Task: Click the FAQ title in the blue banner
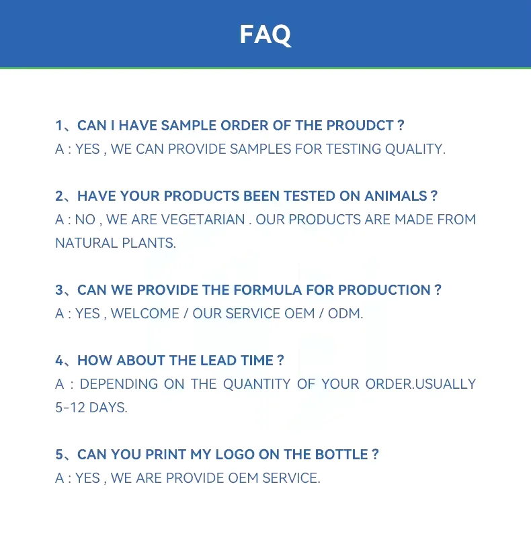coord(265,34)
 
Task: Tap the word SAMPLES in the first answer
coord(260,149)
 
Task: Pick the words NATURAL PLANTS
coord(115,243)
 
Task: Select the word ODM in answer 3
coord(345,314)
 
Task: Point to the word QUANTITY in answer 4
coord(257,384)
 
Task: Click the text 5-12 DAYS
coord(91,408)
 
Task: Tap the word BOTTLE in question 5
coord(339,455)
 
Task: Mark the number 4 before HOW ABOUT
coord(60,361)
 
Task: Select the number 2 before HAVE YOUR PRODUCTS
coord(60,196)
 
